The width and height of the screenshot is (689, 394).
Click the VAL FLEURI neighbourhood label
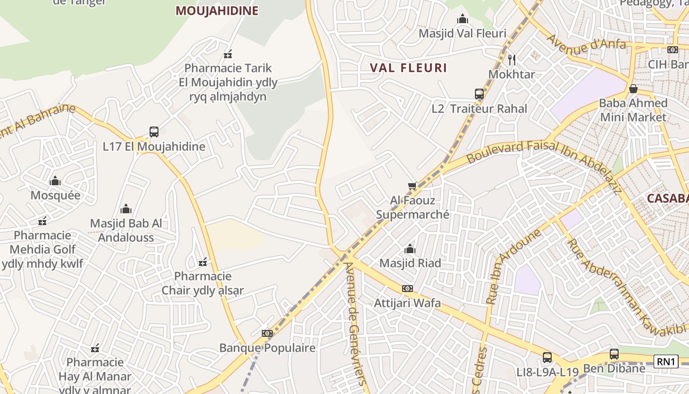tap(408, 68)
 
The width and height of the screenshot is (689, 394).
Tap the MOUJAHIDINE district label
tap(217, 11)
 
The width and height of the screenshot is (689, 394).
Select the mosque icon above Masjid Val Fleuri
tap(462, 19)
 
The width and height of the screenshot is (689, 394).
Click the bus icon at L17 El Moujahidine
tap(154, 132)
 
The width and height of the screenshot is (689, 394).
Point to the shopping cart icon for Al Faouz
tap(412, 186)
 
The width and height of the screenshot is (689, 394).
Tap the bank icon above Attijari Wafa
tap(407, 289)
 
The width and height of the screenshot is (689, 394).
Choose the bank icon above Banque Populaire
tap(267, 333)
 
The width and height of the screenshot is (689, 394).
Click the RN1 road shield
tap(666, 361)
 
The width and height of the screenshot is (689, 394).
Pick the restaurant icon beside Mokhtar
tap(512, 60)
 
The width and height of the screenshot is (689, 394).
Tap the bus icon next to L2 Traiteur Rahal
tap(479, 94)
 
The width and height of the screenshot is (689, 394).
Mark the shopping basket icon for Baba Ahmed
tap(633, 89)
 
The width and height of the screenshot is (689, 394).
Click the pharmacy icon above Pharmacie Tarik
tap(228, 54)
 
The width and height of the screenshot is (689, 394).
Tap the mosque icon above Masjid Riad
tap(409, 249)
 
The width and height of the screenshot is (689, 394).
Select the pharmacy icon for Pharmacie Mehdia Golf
tap(42, 221)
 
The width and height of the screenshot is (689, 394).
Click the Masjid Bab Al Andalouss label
tap(126, 230)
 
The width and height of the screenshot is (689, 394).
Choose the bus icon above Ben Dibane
tap(614, 354)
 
